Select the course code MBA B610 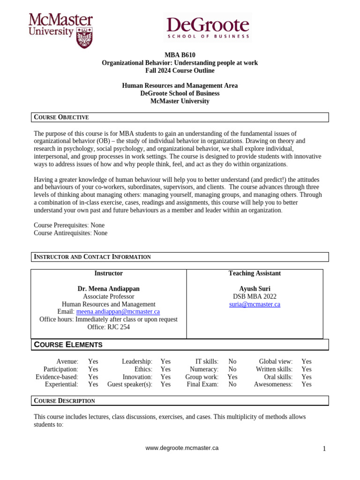point(180,55)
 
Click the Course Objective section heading point(61,117)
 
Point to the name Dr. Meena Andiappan point(108,289)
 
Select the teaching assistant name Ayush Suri point(255,289)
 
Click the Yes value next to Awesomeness point(306,384)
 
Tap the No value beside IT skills point(232,362)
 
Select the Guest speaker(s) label point(130,384)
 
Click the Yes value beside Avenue point(93,362)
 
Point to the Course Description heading point(64,401)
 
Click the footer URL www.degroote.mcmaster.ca point(182,448)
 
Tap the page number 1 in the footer point(324,449)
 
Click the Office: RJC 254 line point(108,327)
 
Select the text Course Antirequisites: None point(71,233)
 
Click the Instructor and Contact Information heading point(92,257)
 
